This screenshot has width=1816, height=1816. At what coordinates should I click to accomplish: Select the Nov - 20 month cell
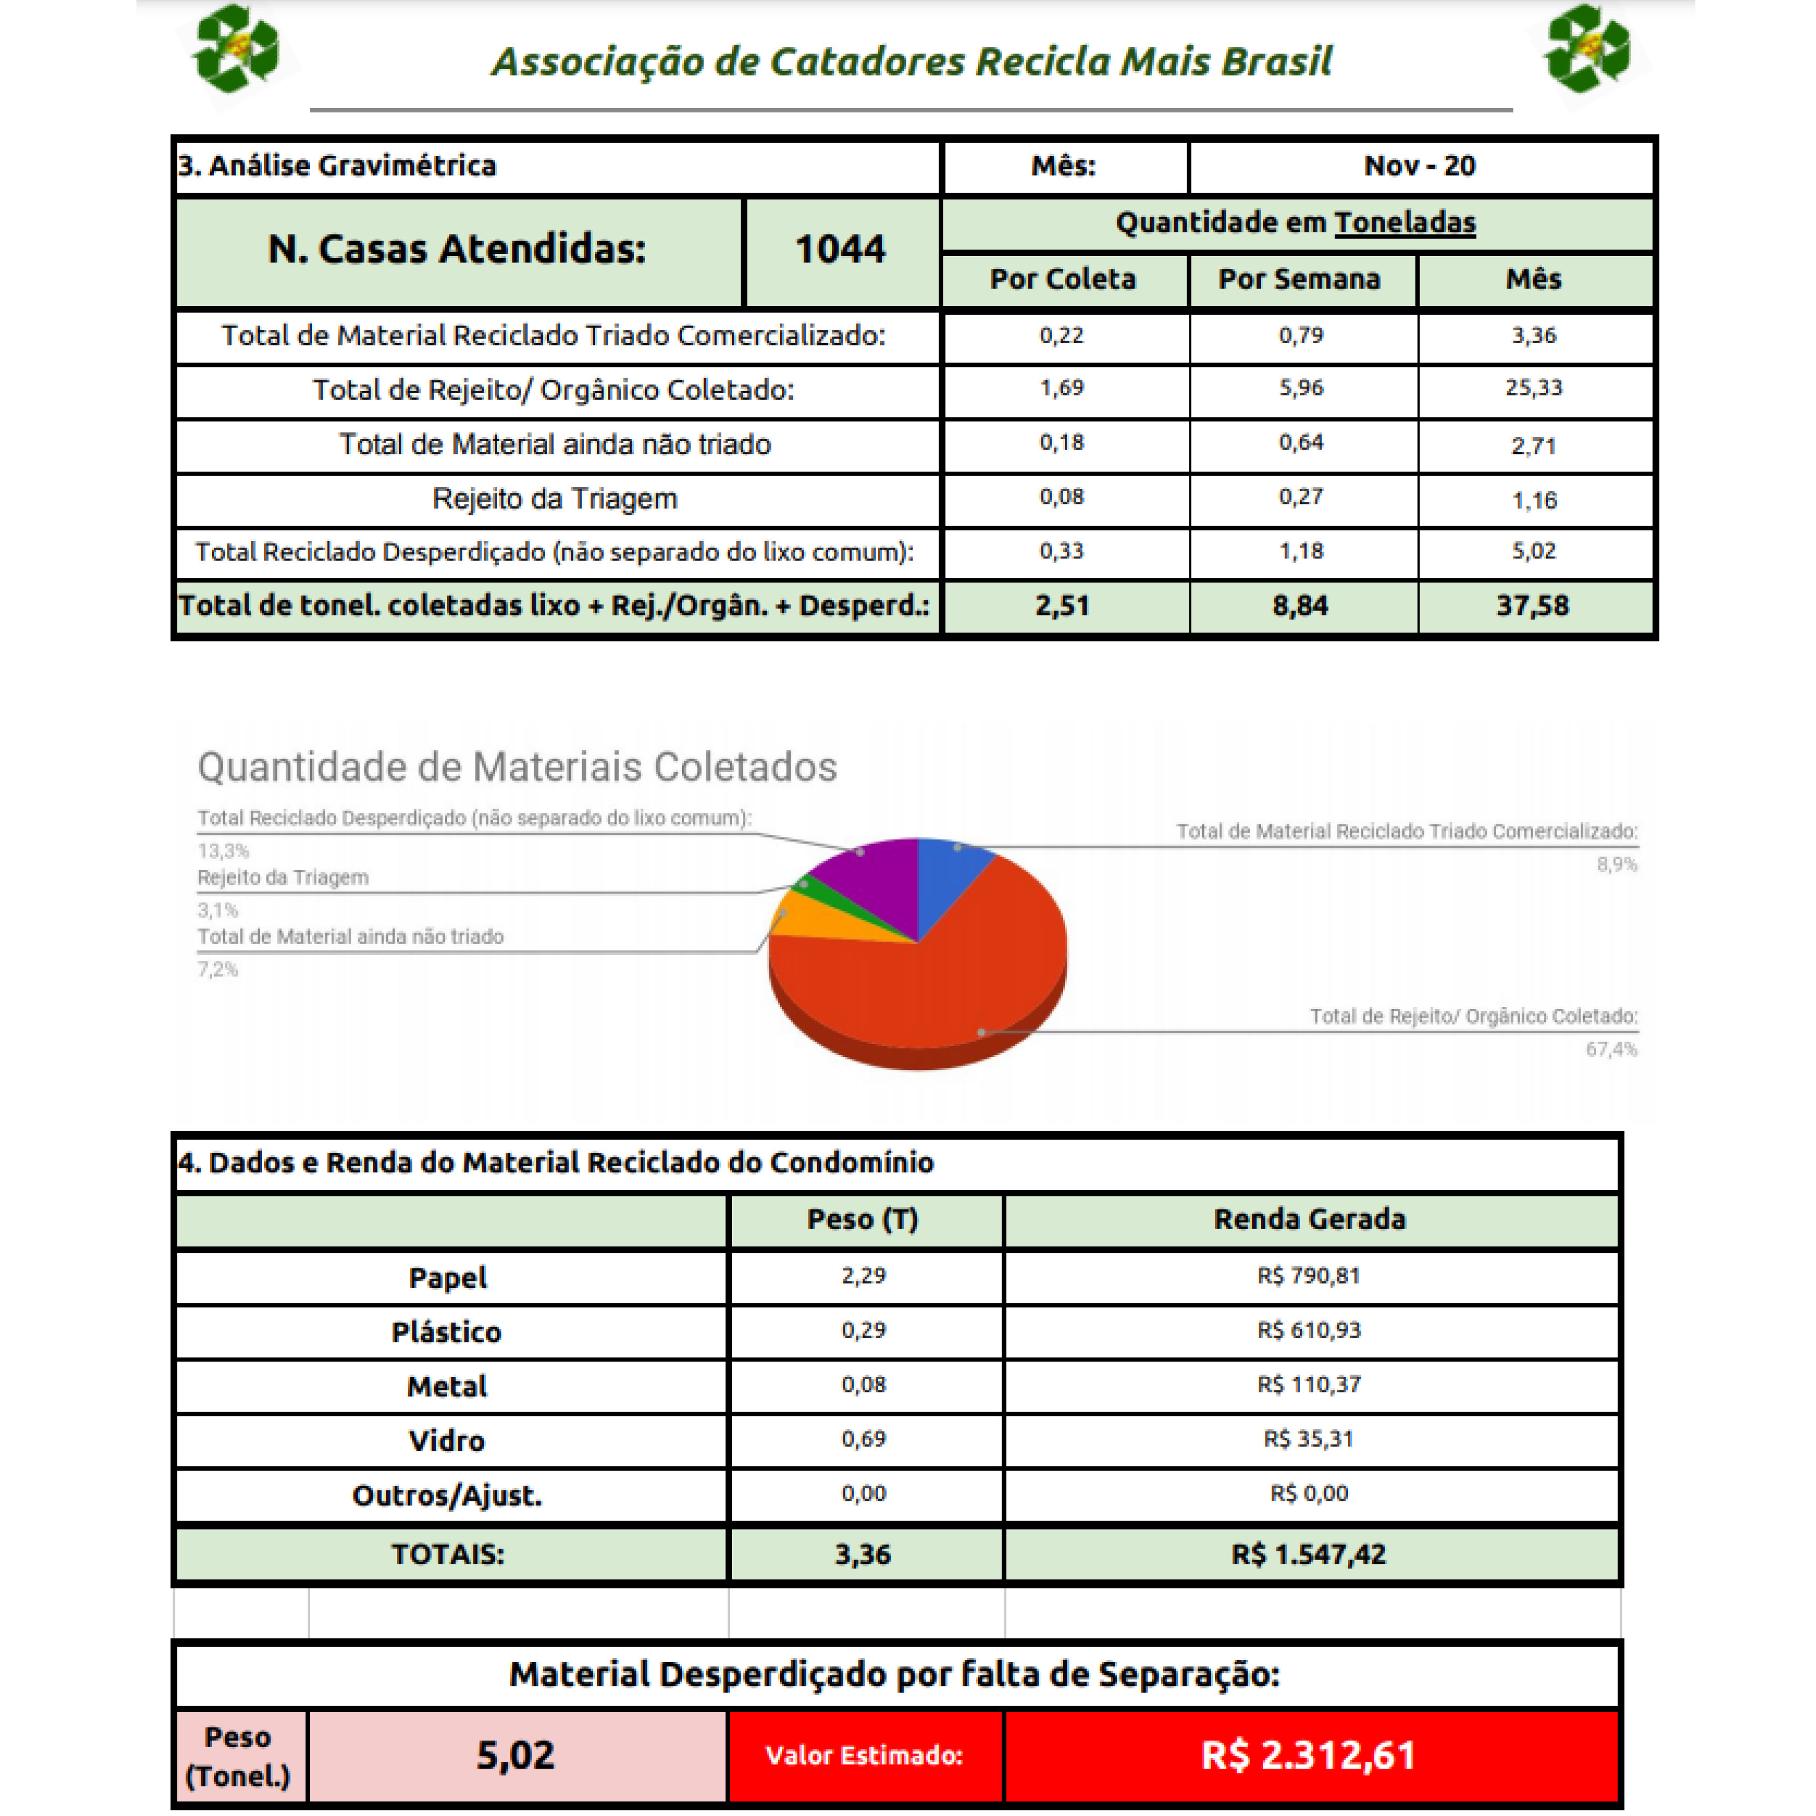(x=1420, y=166)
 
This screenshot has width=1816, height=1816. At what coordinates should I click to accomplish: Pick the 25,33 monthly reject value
(x=1533, y=388)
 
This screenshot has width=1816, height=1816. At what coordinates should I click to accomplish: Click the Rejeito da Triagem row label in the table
(x=555, y=499)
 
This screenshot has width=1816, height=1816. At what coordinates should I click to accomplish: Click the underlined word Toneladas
(x=1404, y=223)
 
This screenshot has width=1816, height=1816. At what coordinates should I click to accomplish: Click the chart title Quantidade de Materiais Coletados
(x=517, y=767)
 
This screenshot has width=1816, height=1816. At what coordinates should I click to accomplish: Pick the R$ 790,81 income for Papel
(x=1308, y=1276)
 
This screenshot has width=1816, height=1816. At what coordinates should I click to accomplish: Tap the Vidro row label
(x=446, y=1441)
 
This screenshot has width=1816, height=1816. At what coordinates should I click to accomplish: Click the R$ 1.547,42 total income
(x=1308, y=1555)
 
